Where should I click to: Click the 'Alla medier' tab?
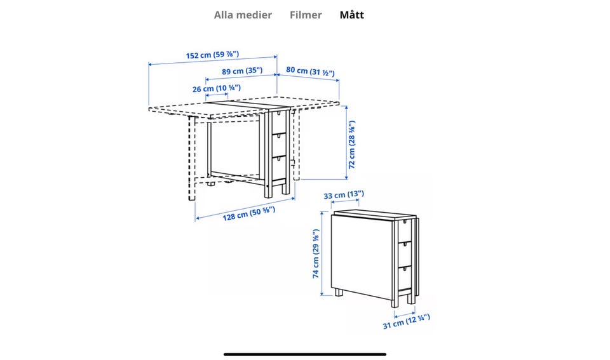click(243, 15)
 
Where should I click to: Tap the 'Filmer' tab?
click(306, 15)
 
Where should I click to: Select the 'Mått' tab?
click(351, 15)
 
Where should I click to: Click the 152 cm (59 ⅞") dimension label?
click(212, 55)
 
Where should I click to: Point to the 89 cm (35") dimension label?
click(242, 71)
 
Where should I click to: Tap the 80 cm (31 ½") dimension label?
click(310, 71)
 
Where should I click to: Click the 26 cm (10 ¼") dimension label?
click(217, 88)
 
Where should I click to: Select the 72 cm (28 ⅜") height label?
click(351, 145)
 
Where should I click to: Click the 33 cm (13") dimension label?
click(344, 195)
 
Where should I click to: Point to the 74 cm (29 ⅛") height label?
click(315, 254)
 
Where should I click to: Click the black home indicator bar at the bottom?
click(305, 354)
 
